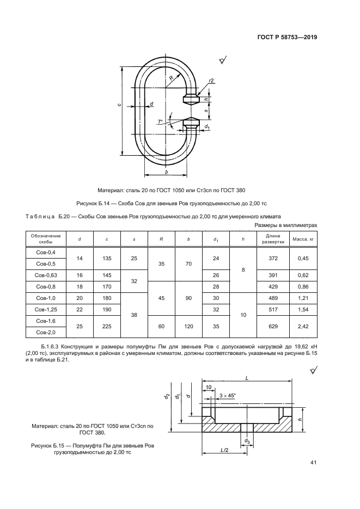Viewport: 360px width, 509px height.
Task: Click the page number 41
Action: (x=314, y=463)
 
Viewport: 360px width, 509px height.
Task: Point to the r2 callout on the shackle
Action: (x=211, y=81)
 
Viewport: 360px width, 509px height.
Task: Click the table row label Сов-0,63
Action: (x=46, y=275)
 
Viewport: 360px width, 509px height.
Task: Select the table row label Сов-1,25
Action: (x=46, y=309)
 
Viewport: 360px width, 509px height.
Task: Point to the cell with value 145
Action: (x=107, y=275)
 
